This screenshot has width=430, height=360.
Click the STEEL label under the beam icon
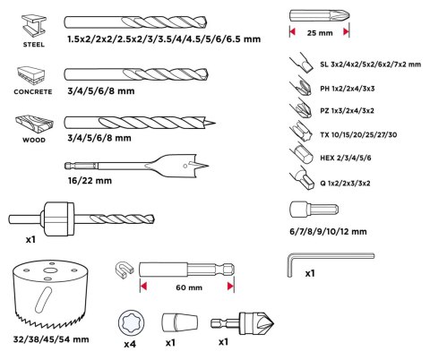point(34,45)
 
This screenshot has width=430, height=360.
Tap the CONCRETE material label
point(33,91)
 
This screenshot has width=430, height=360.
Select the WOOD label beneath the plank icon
point(34,140)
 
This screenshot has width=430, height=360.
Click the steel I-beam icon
point(34,26)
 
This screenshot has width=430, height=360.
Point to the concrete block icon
point(31,75)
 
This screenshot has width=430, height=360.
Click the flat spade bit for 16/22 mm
point(137,166)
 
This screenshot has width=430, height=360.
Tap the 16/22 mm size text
point(90,181)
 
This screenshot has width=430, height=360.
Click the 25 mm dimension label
point(320,32)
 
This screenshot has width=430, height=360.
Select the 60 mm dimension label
point(189,287)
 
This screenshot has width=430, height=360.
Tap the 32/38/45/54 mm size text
point(51,339)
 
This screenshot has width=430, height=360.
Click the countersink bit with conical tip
point(242,323)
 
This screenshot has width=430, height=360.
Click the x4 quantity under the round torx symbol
point(130,344)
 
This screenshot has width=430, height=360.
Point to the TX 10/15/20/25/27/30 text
point(358,135)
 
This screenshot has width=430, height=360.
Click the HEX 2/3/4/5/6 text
point(346,158)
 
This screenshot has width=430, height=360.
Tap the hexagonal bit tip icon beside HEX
point(301,154)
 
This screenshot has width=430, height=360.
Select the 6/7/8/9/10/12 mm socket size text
point(328,231)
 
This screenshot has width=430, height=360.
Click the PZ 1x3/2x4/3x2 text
point(347,111)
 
